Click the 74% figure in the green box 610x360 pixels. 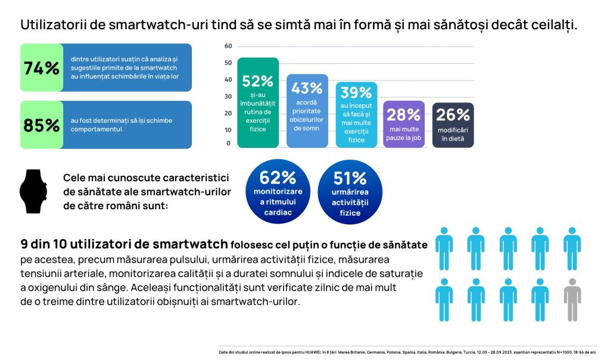[x=41, y=68]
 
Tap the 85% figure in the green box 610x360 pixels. [x=41, y=125]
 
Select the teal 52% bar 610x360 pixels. [x=258, y=103]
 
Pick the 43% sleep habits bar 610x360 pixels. [x=307, y=111]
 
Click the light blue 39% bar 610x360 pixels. [x=356, y=114]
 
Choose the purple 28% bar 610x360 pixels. [x=404, y=124]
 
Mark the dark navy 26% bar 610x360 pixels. [x=453, y=125]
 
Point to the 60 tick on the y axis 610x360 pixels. [x=228, y=46]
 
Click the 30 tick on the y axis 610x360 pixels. [x=228, y=96]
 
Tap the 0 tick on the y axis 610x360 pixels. [x=229, y=143]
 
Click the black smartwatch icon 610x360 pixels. [x=33, y=191]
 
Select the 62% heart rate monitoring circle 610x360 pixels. [x=278, y=191]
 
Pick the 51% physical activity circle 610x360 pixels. [x=350, y=191]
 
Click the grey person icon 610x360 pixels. [x=572, y=299]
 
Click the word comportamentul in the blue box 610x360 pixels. [x=97, y=129]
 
